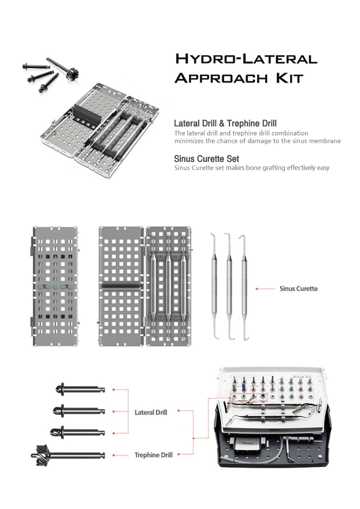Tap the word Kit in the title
(x=289, y=78)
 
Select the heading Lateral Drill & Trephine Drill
(x=225, y=123)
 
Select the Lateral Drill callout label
(x=151, y=413)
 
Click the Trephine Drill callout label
(x=153, y=455)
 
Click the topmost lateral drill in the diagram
(x=81, y=390)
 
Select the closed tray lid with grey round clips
(x=55, y=286)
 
